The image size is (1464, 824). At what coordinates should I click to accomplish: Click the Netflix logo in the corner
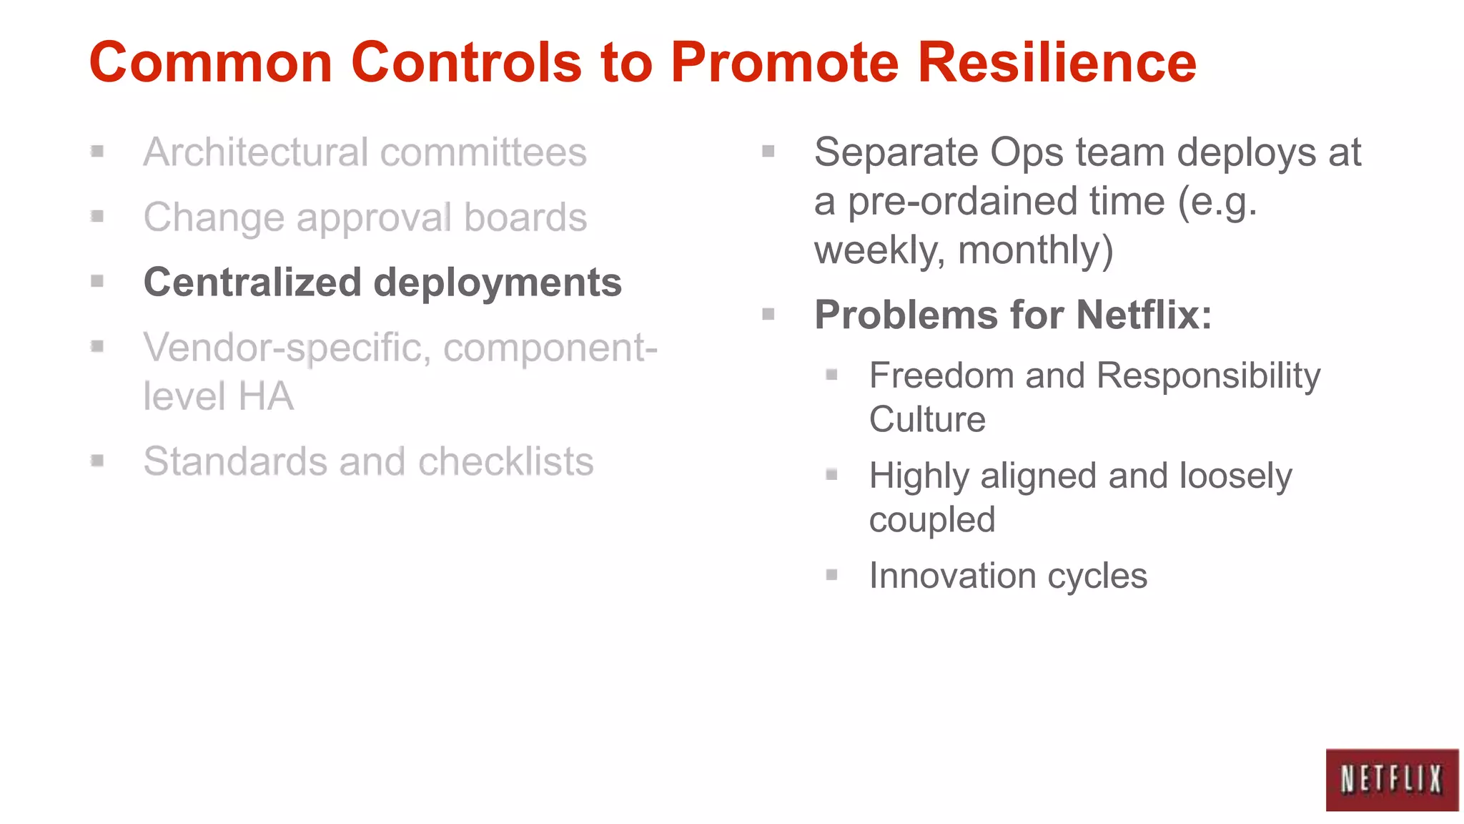pyautogui.click(x=1391, y=780)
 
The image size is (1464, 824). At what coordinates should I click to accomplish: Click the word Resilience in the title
pyautogui.click(x=1057, y=63)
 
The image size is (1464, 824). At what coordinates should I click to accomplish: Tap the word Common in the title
pyautogui.click(x=211, y=63)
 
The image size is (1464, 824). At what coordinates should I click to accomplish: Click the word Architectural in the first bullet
pyautogui.click(x=256, y=152)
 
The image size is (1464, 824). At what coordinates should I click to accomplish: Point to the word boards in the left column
pyautogui.click(x=525, y=217)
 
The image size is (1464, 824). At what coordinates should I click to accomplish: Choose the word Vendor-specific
pyautogui.click(x=287, y=348)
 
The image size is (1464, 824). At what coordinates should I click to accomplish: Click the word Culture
pyautogui.click(x=927, y=419)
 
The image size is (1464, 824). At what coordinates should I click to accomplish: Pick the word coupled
pyautogui.click(x=931, y=520)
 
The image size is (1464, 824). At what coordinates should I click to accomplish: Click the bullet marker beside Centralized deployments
pyautogui.click(x=98, y=281)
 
